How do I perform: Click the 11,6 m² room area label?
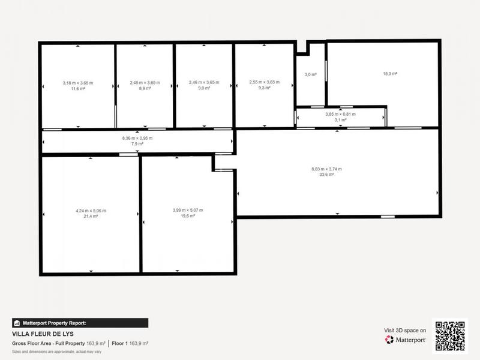point(78,88)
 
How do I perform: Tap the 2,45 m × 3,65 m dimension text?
point(145,82)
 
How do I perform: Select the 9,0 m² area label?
point(204,88)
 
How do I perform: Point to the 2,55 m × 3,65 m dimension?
point(265,82)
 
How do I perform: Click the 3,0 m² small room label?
point(310,74)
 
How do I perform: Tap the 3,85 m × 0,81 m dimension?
point(340,114)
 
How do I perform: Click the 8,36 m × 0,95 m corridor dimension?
point(137,139)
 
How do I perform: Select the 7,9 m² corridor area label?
point(137,144)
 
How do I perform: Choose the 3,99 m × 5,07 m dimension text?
point(187,210)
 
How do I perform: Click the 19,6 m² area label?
point(187,216)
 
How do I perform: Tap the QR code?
point(449,336)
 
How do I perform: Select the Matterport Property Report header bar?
point(80,323)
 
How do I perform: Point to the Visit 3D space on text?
point(405,330)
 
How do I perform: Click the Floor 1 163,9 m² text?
point(130,343)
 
